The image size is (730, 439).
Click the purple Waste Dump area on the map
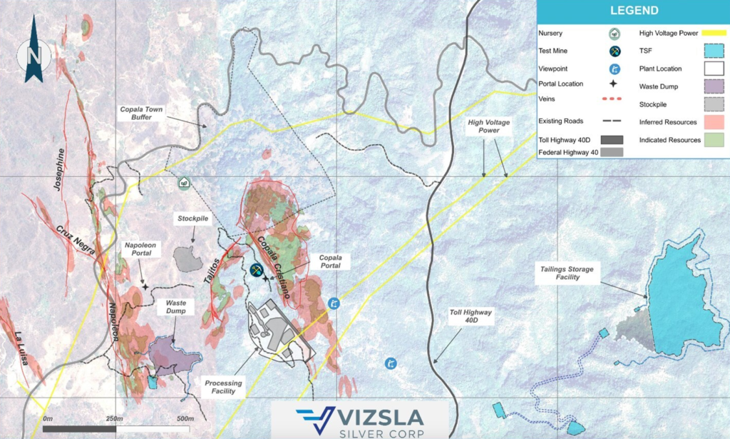tap(173, 354)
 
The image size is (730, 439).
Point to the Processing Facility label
tap(223, 387)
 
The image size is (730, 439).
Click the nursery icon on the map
tap(184, 183)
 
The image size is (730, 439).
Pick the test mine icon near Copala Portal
tap(257, 270)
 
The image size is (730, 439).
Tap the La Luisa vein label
tap(21, 348)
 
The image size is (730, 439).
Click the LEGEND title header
tap(633, 11)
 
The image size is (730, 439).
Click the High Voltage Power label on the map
tap(488, 127)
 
